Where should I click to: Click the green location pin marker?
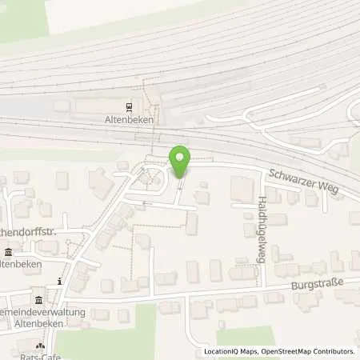pos(180,162)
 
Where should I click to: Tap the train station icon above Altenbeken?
pos(129,106)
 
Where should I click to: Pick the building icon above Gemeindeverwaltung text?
pos(38,299)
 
